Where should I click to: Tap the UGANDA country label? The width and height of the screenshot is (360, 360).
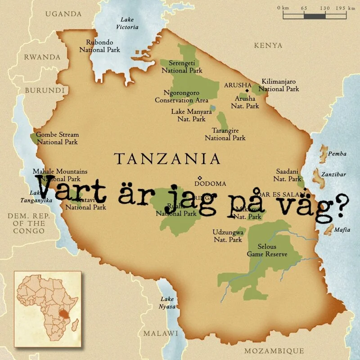[63, 14]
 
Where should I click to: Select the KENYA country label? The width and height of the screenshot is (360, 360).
[268, 45]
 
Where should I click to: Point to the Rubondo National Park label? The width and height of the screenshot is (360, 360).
[99, 46]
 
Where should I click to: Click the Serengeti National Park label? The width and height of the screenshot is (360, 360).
[182, 67]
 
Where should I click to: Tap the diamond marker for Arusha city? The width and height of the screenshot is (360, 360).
[247, 90]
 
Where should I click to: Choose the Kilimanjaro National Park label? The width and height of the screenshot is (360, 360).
[279, 85]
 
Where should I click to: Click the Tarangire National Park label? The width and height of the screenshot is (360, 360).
[225, 134]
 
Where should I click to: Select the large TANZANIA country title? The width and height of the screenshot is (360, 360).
[167, 158]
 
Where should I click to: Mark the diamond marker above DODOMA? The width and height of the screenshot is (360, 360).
[200, 177]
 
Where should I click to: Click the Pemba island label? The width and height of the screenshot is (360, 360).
[337, 154]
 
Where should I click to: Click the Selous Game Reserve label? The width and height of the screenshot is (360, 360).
[267, 250]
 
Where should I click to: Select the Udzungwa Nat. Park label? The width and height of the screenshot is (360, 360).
[228, 236]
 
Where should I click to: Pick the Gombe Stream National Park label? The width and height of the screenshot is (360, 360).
[57, 138]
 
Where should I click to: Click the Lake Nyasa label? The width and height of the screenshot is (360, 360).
[167, 303]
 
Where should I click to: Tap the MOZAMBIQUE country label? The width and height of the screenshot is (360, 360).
[274, 351]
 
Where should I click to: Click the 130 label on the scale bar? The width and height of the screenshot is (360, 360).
[324, 8]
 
